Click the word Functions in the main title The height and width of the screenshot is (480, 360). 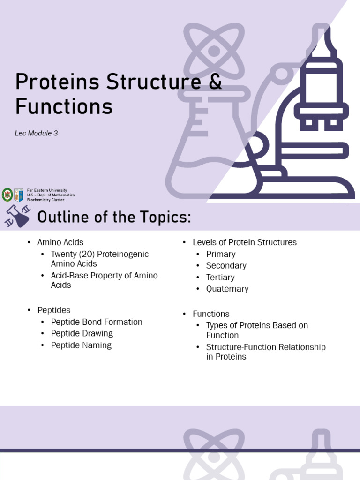point(64,106)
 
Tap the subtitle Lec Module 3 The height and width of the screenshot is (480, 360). point(36,133)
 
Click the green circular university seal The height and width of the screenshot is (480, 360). point(7,195)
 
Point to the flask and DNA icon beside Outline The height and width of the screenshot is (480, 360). point(18,216)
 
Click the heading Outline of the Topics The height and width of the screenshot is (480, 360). point(114,217)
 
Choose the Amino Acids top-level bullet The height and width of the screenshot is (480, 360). point(60,242)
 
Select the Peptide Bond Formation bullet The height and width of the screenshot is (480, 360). point(97,322)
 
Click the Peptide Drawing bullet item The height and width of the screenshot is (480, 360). point(82,333)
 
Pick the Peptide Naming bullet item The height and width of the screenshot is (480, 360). point(81,345)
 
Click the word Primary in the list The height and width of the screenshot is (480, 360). point(221,254)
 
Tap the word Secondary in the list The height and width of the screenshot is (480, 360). point(226,265)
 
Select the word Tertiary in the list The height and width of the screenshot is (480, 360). point(220,277)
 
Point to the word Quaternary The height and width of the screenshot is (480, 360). point(227,289)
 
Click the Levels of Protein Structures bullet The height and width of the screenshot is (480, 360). point(244,242)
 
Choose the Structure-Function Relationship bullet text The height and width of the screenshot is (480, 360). point(266,352)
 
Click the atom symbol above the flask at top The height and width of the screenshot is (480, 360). point(214,51)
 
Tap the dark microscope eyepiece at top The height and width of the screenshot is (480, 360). point(321,42)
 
